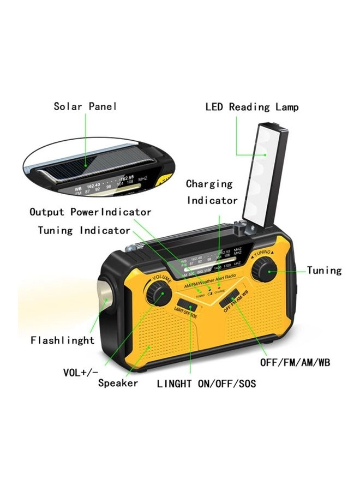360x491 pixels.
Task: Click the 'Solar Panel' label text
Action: point(85,106)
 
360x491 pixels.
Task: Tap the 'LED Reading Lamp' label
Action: point(252,107)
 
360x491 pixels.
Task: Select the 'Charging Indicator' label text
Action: point(212,192)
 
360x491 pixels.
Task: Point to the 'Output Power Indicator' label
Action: point(90,212)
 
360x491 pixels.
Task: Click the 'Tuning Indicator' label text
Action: point(84,230)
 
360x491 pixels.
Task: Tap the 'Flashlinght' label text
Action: point(63,340)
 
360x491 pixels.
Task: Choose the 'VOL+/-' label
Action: point(81,373)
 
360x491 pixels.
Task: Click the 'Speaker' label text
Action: point(118,383)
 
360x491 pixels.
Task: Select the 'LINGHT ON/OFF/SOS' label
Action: point(206,384)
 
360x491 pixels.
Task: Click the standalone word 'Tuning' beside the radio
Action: point(324,271)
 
